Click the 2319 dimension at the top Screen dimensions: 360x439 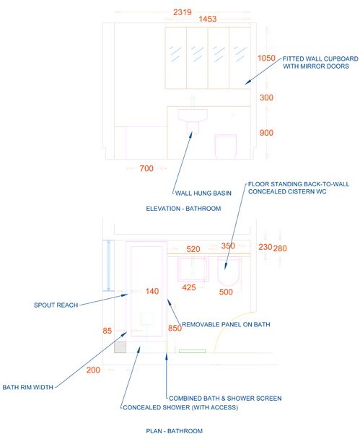point(183,12)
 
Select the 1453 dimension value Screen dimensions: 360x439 point(208,19)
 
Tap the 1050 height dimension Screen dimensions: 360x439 point(266,58)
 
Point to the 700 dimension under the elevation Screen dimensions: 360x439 point(146,168)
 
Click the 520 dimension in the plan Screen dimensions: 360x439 point(193,249)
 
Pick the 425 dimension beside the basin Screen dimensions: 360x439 point(189,287)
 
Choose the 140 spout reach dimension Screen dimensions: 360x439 point(152,291)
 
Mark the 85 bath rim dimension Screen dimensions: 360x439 point(107,331)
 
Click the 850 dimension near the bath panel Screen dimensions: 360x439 point(175,328)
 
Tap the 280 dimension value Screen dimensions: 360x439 point(280,248)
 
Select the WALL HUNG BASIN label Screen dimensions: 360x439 point(203,194)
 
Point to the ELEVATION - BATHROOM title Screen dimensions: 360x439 point(183,209)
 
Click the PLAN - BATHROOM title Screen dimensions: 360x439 point(175,431)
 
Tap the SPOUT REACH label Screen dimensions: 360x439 point(56,305)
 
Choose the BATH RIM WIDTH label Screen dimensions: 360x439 point(27,387)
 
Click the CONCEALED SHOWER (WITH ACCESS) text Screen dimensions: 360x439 point(180,407)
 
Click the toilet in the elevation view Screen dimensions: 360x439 point(226,147)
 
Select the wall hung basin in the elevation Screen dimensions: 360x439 point(193,121)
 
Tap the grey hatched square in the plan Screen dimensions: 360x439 point(120,347)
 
